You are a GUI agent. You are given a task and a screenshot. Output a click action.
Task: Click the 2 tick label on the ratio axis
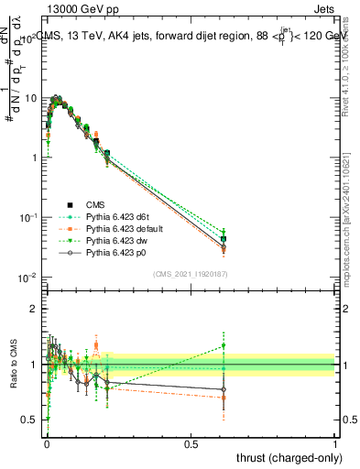pos(34,309)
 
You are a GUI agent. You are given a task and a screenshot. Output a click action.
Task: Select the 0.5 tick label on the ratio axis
pos(30,420)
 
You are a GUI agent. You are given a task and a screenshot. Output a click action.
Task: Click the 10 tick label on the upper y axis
pos(29,98)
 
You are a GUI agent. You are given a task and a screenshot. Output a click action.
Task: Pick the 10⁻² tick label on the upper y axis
pos(27,278)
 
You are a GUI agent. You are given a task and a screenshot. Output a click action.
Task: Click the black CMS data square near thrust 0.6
pos(224,239)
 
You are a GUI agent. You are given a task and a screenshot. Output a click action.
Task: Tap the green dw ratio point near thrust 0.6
pos(224,345)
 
